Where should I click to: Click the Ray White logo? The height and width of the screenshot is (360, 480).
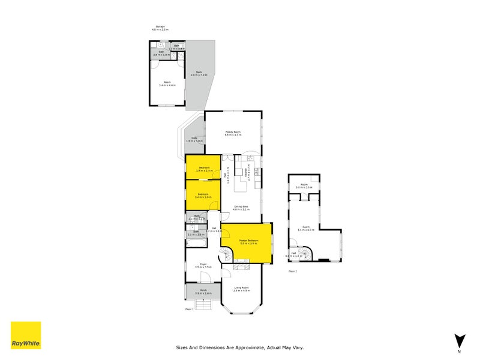point(26,335)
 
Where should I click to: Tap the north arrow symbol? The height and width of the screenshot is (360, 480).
point(459,340)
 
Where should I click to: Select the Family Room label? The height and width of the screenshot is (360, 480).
point(233,133)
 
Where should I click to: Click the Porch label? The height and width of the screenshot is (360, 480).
point(203,292)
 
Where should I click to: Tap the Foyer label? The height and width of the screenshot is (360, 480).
point(203,266)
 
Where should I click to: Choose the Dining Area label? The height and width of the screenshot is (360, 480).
point(241,208)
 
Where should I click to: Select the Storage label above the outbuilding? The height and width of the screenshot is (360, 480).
point(160,28)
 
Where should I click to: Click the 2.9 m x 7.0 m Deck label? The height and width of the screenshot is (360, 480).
point(199,74)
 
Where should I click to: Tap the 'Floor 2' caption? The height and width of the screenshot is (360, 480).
point(293,271)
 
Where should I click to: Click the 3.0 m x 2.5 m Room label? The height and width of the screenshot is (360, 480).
point(304,186)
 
